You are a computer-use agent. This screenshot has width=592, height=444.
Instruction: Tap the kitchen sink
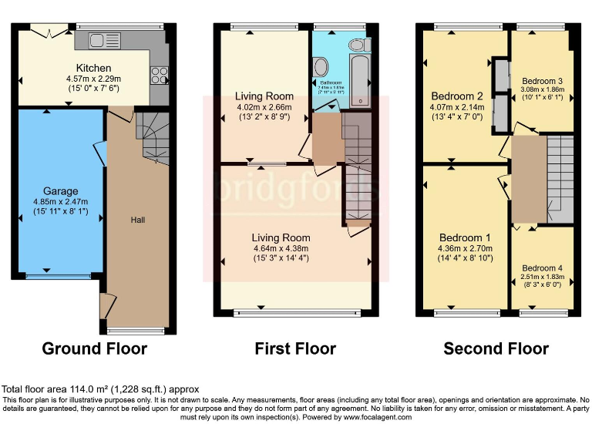pyautogui.click(x=101, y=40)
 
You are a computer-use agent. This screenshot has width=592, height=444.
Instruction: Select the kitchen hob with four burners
pyautogui.click(x=159, y=75)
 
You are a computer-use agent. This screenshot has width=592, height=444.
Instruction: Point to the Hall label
pyautogui.click(x=138, y=220)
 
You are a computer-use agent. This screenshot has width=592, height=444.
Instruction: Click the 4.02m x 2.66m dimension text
pyautogui.click(x=264, y=107)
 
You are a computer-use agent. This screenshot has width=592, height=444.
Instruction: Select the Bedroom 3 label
pyautogui.click(x=542, y=81)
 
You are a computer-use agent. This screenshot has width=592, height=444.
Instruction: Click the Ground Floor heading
pyautogui.click(x=94, y=348)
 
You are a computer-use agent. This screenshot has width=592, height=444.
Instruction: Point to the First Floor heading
pyautogui.click(x=295, y=348)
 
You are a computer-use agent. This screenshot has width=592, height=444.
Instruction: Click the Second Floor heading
pyautogui.click(x=496, y=348)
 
